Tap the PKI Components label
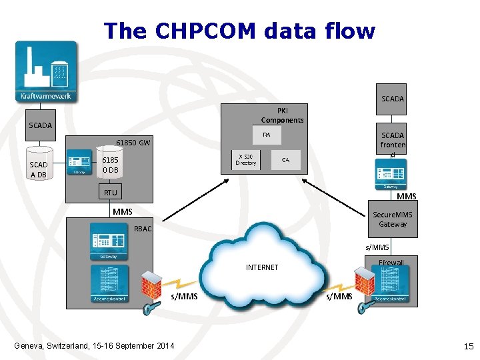[x=282, y=115]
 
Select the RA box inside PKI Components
[x=267, y=135]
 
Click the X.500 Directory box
[x=246, y=160]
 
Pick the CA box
[x=285, y=160]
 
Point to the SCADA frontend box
[x=393, y=145]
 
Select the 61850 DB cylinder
[x=110, y=165]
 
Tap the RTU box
[x=110, y=193]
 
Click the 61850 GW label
[x=133, y=143]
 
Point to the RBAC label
[x=143, y=229]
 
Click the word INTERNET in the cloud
[x=262, y=267]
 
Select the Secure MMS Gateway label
[x=393, y=219]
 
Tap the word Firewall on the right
[x=391, y=263]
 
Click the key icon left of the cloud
[x=149, y=307]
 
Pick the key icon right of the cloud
[x=364, y=307]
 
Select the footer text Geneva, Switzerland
[x=94, y=345]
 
